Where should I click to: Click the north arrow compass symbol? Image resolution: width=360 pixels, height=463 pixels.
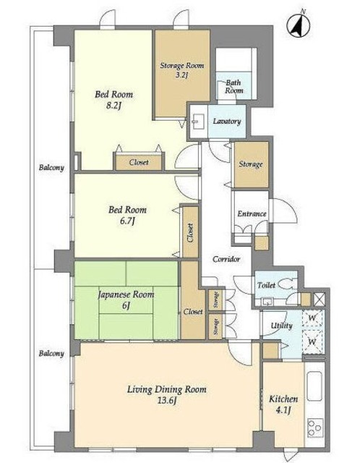point(299,25)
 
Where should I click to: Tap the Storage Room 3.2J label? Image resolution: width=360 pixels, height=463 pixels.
point(182,70)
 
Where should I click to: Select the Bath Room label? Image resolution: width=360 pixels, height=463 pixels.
point(233,87)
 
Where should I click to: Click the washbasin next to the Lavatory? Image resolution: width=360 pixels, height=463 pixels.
point(196,122)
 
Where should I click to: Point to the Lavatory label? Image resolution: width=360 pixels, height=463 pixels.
point(227,121)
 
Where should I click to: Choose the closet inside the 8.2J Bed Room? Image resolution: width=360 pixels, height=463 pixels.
point(138,162)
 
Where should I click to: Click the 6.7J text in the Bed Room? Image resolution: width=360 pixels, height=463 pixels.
point(127,221)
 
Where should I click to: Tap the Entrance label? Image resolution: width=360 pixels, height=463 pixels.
point(252,213)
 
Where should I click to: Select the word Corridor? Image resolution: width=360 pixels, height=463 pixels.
point(226,259)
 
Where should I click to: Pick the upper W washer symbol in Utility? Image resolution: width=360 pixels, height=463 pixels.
point(312,318)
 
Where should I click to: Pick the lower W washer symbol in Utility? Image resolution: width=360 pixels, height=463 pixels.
point(312,342)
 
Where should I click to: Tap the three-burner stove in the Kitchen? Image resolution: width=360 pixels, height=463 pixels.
point(315,428)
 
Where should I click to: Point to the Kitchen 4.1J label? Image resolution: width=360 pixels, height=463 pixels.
point(283,404)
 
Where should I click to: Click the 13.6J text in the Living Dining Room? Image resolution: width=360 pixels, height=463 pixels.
point(167,401)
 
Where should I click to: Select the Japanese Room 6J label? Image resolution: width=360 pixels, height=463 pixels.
point(126,300)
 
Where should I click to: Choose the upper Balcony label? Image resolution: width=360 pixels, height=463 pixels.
point(51,168)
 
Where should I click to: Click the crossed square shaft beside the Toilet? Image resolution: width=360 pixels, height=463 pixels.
point(319,299)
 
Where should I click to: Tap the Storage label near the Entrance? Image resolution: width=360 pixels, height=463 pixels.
point(251,164)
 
